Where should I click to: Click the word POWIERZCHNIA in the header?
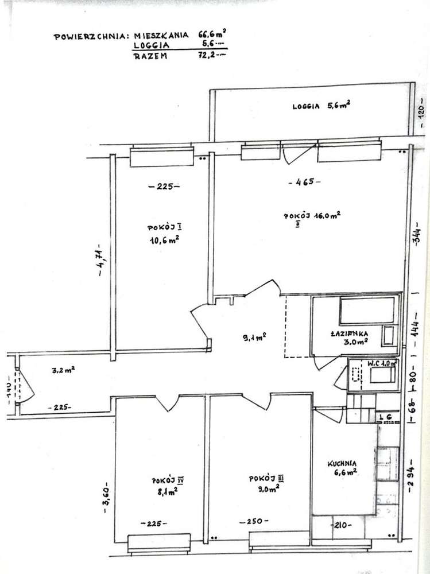click(x=89, y=36)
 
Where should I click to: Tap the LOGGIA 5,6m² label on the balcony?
click(x=321, y=105)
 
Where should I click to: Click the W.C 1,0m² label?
click(x=373, y=363)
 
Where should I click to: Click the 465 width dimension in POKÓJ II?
click(x=304, y=182)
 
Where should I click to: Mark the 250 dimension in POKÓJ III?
click(x=254, y=521)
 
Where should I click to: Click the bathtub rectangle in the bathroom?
click(x=366, y=311)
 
